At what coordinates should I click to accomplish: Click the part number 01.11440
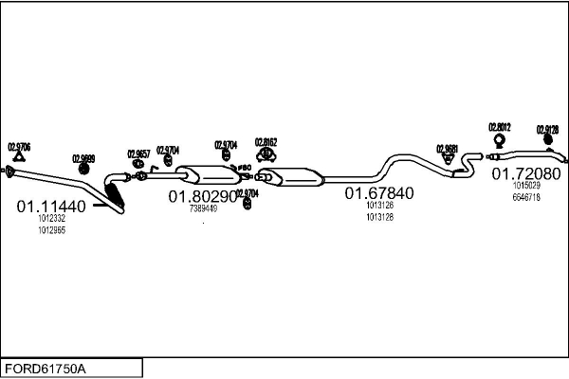pyautogui.click(x=51, y=206)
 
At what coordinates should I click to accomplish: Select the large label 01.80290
pyautogui.click(x=203, y=196)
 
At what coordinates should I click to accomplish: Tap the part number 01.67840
pyautogui.click(x=378, y=192)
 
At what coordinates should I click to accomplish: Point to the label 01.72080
pyautogui.click(x=524, y=174)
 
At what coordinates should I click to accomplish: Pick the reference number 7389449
pyautogui.click(x=203, y=208)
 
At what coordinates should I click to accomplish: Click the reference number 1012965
pyautogui.click(x=51, y=230)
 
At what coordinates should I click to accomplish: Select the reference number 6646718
pyautogui.click(x=526, y=198)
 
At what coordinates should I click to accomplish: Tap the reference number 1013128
pyautogui.click(x=379, y=217)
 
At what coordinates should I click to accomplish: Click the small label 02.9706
pyautogui.click(x=19, y=146)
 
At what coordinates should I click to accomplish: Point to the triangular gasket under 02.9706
pyautogui.click(x=10, y=171)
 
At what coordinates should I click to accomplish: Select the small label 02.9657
pyautogui.click(x=138, y=153)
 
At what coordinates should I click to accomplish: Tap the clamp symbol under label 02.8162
pyautogui.click(x=266, y=155)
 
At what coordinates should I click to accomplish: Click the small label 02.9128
pyautogui.click(x=547, y=129)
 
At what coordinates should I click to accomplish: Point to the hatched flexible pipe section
pyautogui.click(x=115, y=197)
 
